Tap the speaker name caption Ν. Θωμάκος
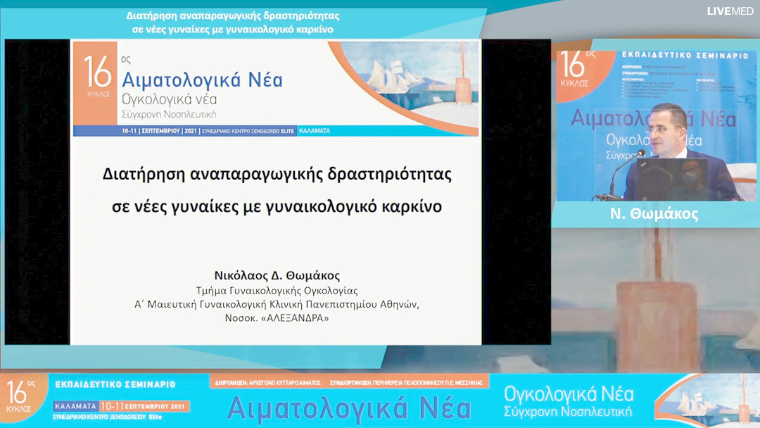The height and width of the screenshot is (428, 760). [x=654, y=215]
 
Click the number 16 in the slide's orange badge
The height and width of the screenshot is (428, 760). [x=98, y=70]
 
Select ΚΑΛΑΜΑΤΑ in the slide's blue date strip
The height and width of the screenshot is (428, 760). [x=314, y=131]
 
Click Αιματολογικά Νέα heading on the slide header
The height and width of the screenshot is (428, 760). [x=202, y=79]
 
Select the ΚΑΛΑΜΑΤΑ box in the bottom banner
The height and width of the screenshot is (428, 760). [x=75, y=406]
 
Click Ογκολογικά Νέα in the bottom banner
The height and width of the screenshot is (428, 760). [x=569, y=393]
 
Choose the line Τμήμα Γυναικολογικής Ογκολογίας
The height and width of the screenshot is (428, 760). [x=277, y=290]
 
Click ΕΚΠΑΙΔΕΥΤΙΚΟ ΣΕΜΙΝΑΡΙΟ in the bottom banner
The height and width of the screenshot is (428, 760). [x=115, y=384]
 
